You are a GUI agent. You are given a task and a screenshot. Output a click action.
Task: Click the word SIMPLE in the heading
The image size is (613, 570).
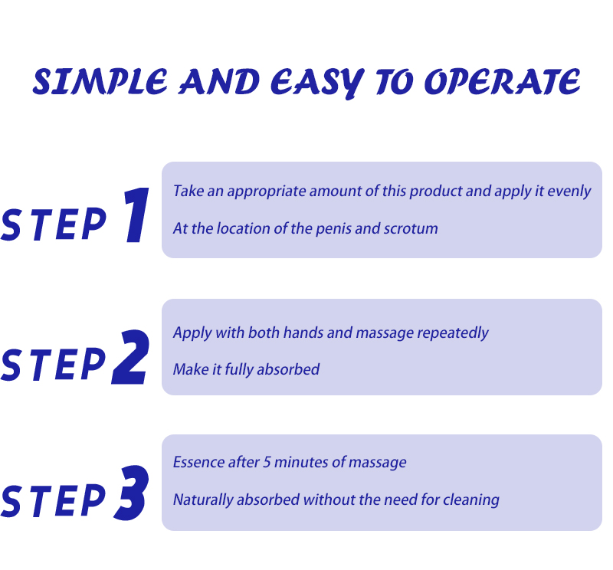pyautogui.click(x=100, y=82)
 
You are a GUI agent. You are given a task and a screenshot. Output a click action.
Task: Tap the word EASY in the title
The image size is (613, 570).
pyautogui.click(x=317, y=83)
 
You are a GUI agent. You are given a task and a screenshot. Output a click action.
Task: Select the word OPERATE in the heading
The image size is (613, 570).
pyautogui.click(x=503, y=82)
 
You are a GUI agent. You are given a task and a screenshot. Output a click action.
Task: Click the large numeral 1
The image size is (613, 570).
pyautogui.click(x=137, y=215)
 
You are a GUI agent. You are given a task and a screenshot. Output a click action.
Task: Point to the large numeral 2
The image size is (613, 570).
pyautogui.click(x=130, y=357)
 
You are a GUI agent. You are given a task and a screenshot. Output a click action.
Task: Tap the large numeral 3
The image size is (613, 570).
pyautogui.click(x=132, y=493)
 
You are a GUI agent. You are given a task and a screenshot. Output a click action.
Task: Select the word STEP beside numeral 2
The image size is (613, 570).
pyautogui.click(x=54, y=364)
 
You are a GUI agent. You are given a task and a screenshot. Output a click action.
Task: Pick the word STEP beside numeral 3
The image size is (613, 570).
pyautogui.click(x=54, y=501)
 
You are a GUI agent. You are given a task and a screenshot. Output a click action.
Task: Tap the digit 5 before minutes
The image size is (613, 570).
pyautogui.click(x=267, y=463)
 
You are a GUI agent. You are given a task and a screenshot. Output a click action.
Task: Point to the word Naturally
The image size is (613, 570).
pyautogui.click(x=203, y=500)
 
